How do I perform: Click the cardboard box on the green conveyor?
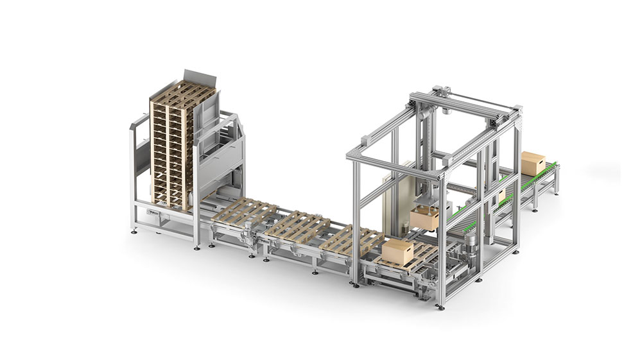pyautogui.click(x=533, y=163)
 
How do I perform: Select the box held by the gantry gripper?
pyautogui.click(x=425, y=219)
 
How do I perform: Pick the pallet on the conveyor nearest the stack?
pyautogui.click(x=245, y=212)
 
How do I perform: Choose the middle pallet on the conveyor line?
pyautogui.click(x=297, y=225)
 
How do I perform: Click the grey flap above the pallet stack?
pyautogui.click(x=192, y=78)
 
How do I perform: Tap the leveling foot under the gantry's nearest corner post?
pyautogui.click(x=440, y=307)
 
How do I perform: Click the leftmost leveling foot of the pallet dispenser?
pyautogui.click(x=134, y=230)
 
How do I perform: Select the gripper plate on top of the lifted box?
pyautogui.click(x=425, y=207)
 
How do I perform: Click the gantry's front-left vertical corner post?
pyautogui.click(x=355, y=218)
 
